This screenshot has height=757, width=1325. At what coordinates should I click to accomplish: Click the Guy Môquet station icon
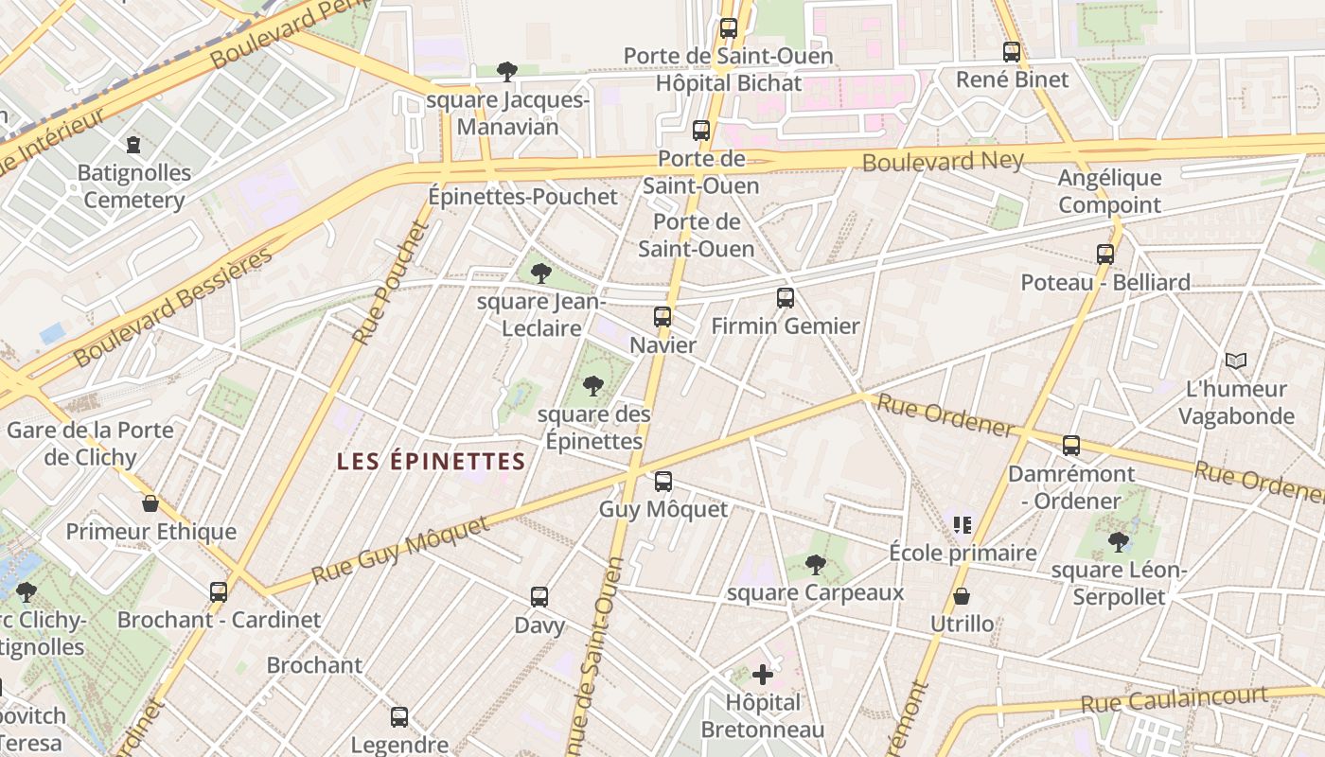point(663,482)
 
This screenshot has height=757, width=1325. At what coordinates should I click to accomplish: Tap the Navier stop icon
point(662,317)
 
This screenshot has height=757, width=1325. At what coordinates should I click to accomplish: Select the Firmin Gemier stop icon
point(786,298)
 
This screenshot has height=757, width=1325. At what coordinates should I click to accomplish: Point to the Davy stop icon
point(539,597)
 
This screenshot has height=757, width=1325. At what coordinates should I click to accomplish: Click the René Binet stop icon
point(1012,52)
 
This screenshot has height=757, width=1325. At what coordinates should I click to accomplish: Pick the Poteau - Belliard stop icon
point(1105,254)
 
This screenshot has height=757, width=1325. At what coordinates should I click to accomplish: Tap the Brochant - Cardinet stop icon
point(219,592)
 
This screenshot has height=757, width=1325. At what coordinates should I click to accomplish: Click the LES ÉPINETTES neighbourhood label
point(432,462)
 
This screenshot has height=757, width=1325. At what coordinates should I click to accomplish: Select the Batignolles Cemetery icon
point(133,145)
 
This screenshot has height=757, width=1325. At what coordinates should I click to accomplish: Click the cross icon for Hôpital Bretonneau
point(763,675)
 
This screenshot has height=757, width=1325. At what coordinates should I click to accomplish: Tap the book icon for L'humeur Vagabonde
point(1236,361)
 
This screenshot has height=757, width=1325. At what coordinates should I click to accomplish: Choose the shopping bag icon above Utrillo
point(962,596)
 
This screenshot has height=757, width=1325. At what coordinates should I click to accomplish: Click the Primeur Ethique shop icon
point(150,503)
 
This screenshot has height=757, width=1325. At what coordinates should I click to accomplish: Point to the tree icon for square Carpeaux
point(815,565)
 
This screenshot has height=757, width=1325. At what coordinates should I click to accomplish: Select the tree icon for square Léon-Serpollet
point(1119,542)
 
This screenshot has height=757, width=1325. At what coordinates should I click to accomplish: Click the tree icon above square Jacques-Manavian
point(507,71)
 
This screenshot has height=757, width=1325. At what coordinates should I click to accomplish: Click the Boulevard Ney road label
point(943,161)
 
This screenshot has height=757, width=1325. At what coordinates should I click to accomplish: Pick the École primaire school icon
point(963,524)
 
